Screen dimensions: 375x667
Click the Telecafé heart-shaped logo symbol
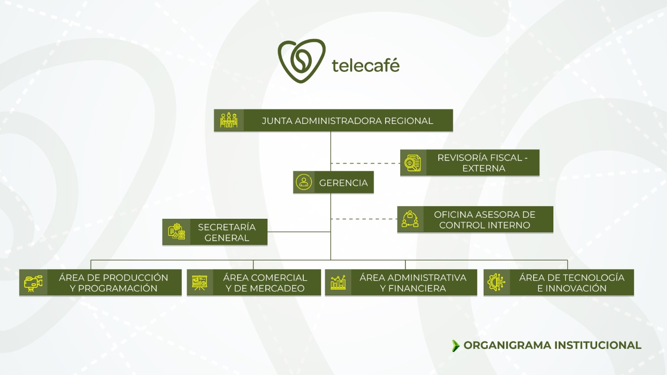pos(301,61)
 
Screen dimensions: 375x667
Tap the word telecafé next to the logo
pos(365,65)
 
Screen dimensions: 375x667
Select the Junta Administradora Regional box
pos(347,121)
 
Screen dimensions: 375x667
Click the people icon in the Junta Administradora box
pos(229,120)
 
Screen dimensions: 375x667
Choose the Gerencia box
pos(343,183)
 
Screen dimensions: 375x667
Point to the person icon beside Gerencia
pos(304,182)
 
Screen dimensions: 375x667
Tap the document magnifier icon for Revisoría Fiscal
pos(413,163)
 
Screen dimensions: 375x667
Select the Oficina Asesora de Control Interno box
pos(485,220)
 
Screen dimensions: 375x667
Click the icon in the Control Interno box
pos(410,219)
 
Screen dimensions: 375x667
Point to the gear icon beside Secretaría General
pos(176,232)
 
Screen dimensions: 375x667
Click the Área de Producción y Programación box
pos(114,283)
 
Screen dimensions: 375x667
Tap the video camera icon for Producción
pos(33,283)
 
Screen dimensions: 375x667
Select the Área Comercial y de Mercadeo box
pos(265,283)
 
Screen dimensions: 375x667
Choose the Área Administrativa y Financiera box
pos(412,283)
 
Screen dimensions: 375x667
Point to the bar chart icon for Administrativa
pos(338,283)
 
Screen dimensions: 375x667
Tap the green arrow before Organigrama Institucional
pos(456,345)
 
